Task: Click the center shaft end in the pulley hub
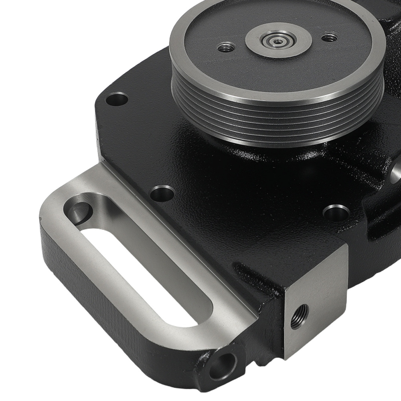coord(276,41)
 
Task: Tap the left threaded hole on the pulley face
coord(224,49)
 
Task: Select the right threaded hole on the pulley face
coord(330,38)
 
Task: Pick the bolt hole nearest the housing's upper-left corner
coord(118,97)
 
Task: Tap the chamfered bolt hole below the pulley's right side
coord(336,213)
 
